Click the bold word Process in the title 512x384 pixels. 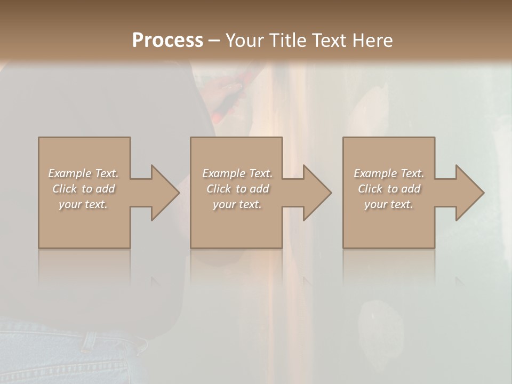point(167,41)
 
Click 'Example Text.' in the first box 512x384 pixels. point(83,173)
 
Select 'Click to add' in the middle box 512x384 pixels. point(237,189)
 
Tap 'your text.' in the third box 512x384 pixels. point(389,204)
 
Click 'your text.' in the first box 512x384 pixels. point(83,204)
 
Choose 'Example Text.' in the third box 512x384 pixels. point(389,173)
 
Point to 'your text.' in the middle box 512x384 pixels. point(237,204)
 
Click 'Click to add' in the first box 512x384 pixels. point(83,189)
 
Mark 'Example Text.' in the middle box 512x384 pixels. point(237,173)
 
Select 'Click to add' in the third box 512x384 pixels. point(389,189)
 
